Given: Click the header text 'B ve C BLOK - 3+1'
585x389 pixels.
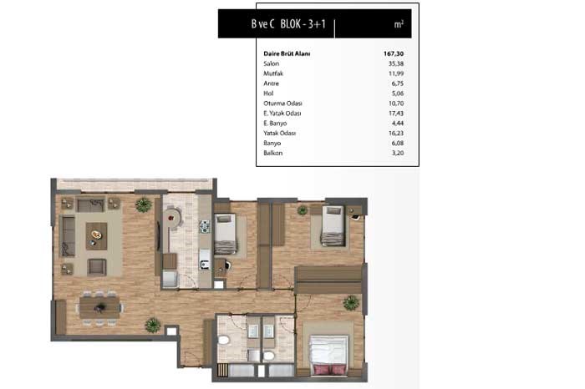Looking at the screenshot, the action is [x=288, y=24].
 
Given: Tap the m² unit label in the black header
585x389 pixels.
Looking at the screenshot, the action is [x=399, y=24].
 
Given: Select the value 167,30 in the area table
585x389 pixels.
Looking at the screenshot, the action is [x=394, y=53].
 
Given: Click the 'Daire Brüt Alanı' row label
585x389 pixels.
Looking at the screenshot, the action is [x=287, y=53].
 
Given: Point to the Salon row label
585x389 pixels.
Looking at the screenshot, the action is [x=272, y=63].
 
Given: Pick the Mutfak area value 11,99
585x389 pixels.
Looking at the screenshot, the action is [x=396, y=73].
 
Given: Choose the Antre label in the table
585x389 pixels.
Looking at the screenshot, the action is [x=272, y=83].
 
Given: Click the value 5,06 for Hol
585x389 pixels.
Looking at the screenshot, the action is [x=398, y=93].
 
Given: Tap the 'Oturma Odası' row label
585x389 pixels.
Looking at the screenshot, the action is [x=282, y=104].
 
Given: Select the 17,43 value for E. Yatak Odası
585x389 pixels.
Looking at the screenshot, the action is [x=396, y=114].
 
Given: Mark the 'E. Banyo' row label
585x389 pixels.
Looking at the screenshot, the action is [x=275, y=124].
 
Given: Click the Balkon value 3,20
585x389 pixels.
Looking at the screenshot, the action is [x=398, y=153].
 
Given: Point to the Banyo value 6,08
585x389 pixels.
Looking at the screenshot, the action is [x=398, y=143].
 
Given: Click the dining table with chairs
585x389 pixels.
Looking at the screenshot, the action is [x=99, y=308].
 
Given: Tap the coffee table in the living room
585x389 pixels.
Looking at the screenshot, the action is [x=96, y=236].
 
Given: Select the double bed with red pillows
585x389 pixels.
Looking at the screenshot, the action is [x=329, y=355].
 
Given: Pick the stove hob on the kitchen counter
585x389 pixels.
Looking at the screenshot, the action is [x=205, y=226].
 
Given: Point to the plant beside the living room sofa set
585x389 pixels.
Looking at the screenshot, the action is [x=144, y=205].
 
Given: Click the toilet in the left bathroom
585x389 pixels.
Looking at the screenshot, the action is [x=224, y=341].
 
